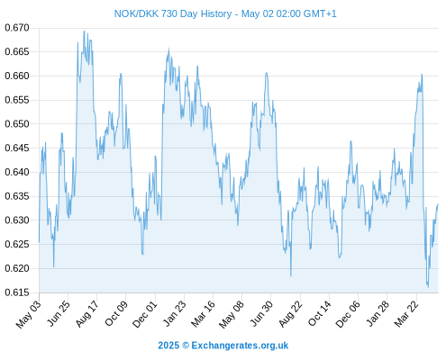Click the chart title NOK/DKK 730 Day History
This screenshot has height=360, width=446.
tap(173, 13)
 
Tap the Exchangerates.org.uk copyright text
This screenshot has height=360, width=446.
tap(223, 346)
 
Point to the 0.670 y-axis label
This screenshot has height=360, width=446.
tap(17, 28)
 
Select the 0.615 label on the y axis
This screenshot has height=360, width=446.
tap(17, 292)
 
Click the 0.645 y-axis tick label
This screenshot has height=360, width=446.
tap(17, 148)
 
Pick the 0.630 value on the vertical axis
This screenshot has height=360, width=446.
tap(17, 220)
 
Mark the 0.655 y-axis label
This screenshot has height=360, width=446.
tap(17, 100)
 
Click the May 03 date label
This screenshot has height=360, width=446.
tap(29, 314)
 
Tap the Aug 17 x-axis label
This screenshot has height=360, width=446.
tap(87, 314)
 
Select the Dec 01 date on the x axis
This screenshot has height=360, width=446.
tap(145, 314)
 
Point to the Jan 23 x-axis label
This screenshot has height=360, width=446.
tap(175, 313)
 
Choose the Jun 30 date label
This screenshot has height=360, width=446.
tap(262, 313)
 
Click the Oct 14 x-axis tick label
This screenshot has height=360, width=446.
tap(320, 313)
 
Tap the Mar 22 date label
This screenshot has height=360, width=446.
tap(406, 313)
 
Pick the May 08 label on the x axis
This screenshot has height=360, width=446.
tap(232, 314)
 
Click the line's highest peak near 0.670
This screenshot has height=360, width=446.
tap(84, 31)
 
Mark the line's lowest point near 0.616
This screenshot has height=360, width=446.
tap(428, 287)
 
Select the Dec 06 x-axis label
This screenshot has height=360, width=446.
tap(348, 314)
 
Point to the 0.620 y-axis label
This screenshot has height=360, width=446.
tap(17, 268)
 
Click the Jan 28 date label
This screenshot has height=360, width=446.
tap(378, 313)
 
